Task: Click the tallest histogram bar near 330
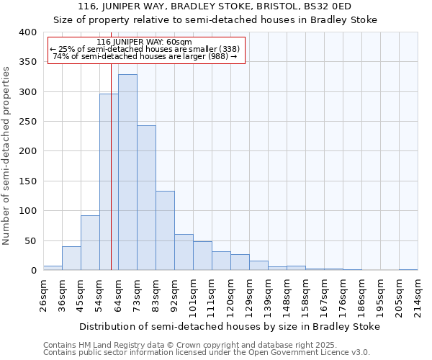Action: click(127, 173)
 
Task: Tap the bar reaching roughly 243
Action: click(146, 198)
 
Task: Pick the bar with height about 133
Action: click(165, 230)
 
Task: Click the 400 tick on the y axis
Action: click(27, 32)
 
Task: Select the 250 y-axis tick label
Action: click(27, 122)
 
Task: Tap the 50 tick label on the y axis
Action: click(30, 240)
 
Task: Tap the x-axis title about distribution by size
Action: click(230, 326)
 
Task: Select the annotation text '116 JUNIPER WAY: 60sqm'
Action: click(144, 42)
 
